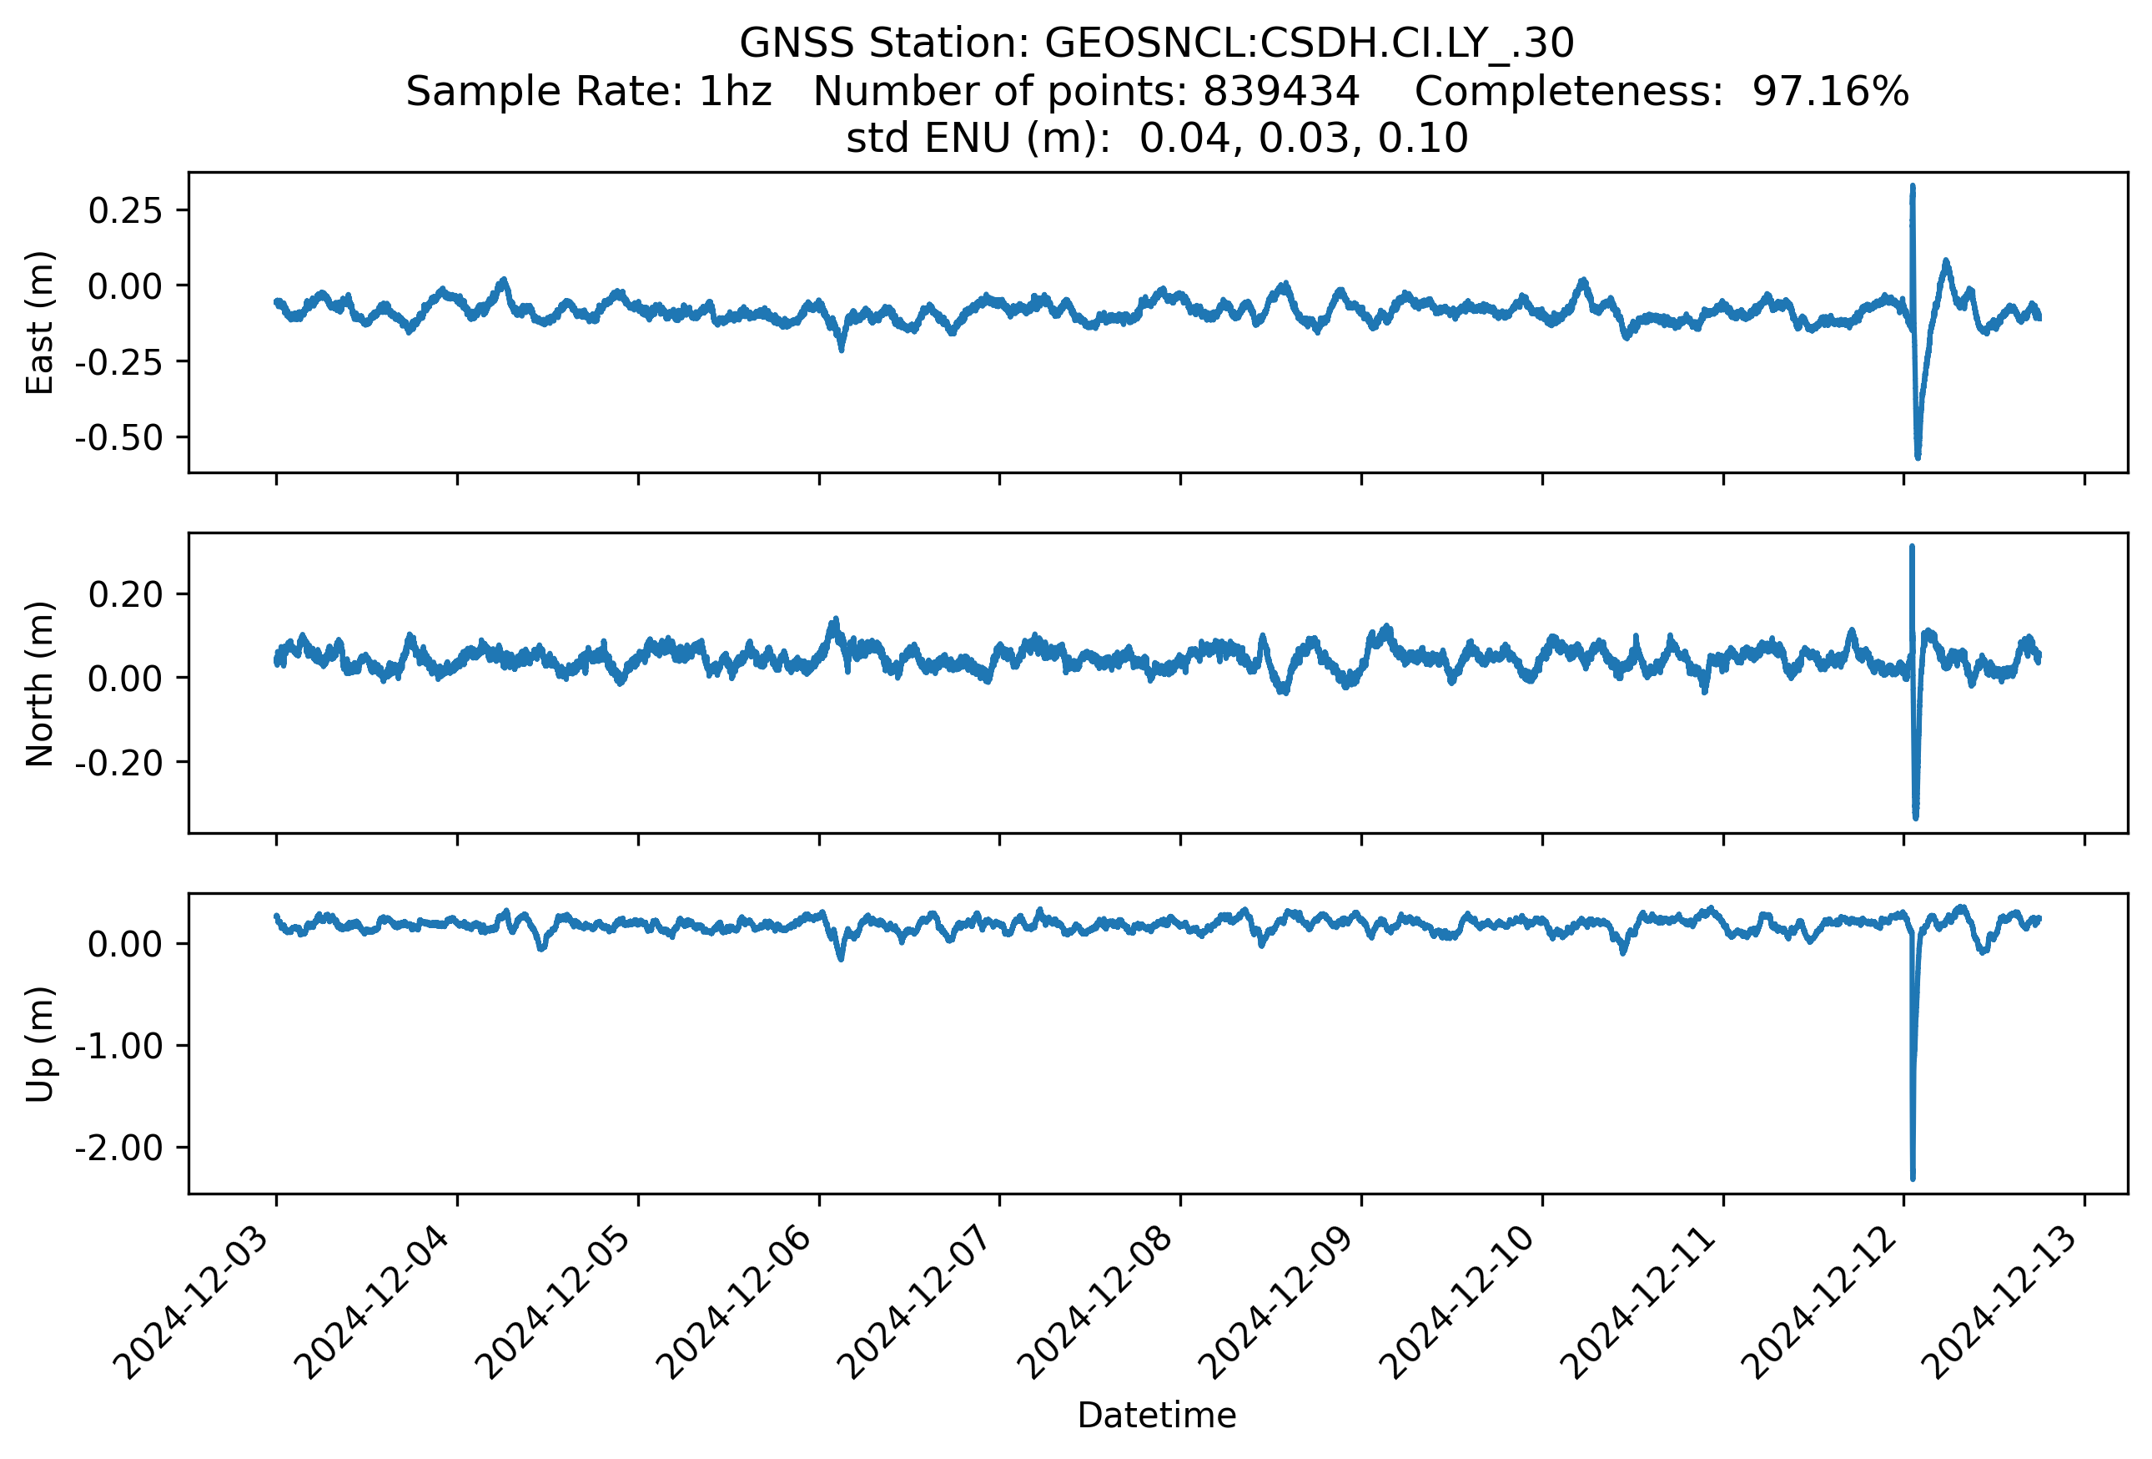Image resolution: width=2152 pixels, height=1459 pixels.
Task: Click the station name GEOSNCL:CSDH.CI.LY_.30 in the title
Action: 1310,43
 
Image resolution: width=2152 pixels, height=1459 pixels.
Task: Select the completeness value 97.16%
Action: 1830,91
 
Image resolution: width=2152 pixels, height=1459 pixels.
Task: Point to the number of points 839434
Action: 1280,91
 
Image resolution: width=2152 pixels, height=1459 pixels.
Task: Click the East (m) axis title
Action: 40,322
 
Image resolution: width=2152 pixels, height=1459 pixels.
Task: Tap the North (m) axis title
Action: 40,684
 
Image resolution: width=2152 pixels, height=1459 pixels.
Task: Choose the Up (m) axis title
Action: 40,1044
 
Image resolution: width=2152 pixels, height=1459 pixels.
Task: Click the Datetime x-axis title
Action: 1157,1416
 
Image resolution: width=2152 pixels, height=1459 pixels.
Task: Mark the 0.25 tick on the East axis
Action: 125,210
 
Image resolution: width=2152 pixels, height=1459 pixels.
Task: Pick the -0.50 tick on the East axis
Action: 118,437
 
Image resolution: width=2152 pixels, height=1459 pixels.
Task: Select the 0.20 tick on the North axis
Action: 125,593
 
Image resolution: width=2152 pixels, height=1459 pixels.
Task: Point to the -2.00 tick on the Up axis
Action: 118,1149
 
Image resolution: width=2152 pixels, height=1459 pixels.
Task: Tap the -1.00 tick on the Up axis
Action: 118,1047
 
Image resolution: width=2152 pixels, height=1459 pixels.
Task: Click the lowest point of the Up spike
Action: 1913,1179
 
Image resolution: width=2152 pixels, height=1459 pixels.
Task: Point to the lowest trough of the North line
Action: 1916,817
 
